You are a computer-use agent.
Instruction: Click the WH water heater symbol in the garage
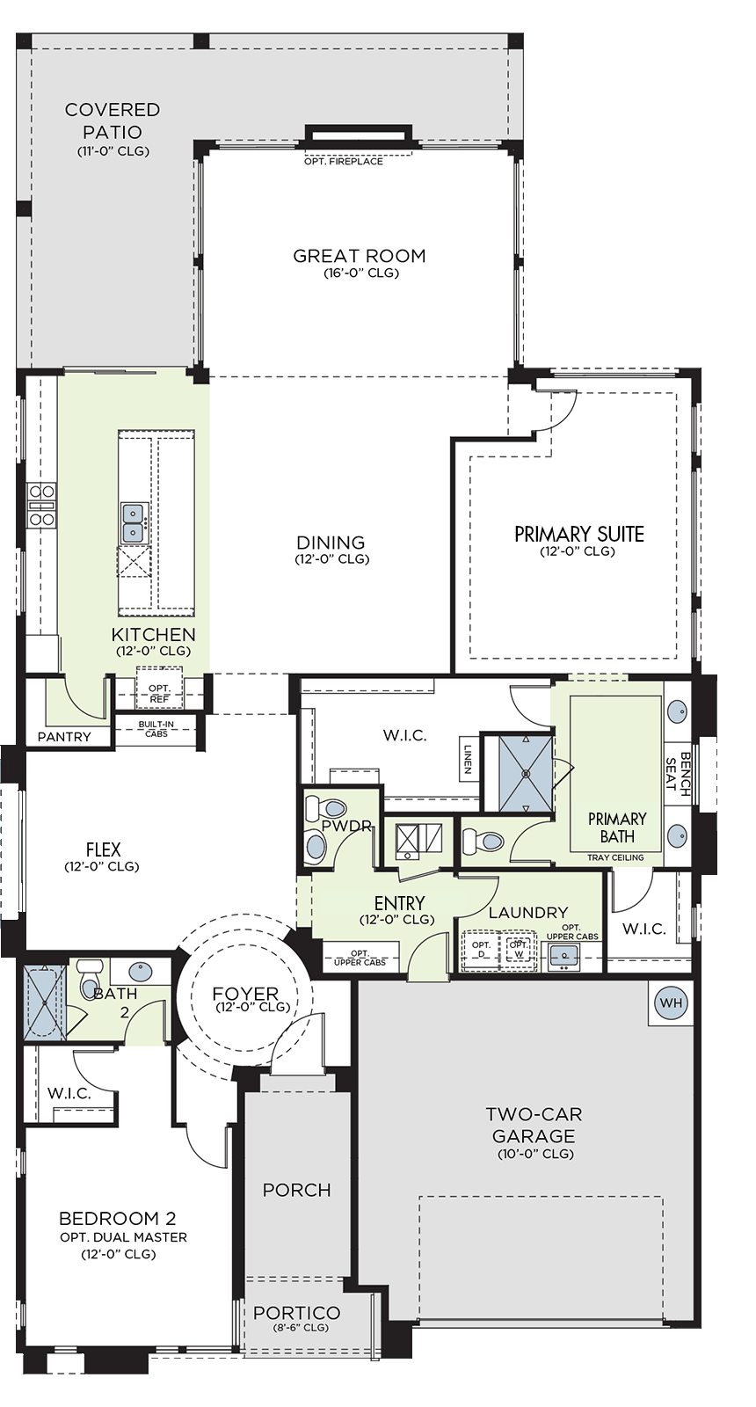[672, 1003]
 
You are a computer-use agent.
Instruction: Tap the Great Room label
[360, 256]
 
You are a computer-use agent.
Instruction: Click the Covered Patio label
[113, 120]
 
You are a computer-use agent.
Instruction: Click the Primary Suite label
[579, 535]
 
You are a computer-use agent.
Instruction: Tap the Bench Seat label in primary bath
[678, 774]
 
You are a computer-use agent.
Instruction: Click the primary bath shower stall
[526, 774]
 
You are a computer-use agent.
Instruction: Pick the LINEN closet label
[468, 759]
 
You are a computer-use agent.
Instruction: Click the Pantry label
[64, 737]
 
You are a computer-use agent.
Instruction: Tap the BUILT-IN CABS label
[156, 729]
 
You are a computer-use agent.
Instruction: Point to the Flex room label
[104, 849]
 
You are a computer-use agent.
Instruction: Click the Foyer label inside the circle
[245, 994]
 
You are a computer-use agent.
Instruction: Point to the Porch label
[297, 1190]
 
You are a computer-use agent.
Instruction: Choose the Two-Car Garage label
[534, 1125]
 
